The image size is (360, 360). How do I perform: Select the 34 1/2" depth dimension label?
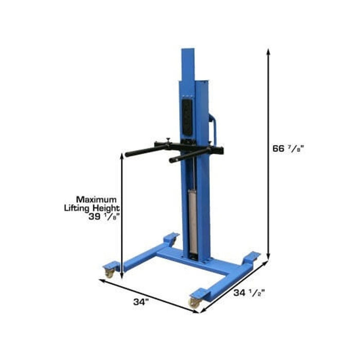click(249, 294)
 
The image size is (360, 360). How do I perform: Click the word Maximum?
click(96, 199)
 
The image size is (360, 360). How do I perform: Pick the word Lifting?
click(82, 207)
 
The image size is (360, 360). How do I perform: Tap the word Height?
click(109, 207)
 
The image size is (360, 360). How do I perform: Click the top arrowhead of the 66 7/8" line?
click(268, 52)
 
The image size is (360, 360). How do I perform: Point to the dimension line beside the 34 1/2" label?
click(234, 286)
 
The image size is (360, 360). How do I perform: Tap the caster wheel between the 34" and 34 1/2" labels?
click(196, 302)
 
